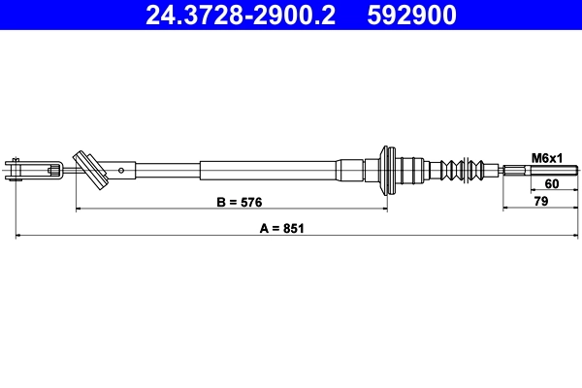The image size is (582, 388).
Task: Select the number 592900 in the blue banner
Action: (410, 15)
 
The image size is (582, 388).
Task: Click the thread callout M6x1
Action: (547, 157)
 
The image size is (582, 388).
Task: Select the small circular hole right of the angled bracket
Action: (121, 172)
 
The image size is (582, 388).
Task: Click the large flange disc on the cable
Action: (388, 171)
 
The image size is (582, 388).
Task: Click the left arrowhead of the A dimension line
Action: (20, 236)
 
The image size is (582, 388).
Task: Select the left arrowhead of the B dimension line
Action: (78, 210)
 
